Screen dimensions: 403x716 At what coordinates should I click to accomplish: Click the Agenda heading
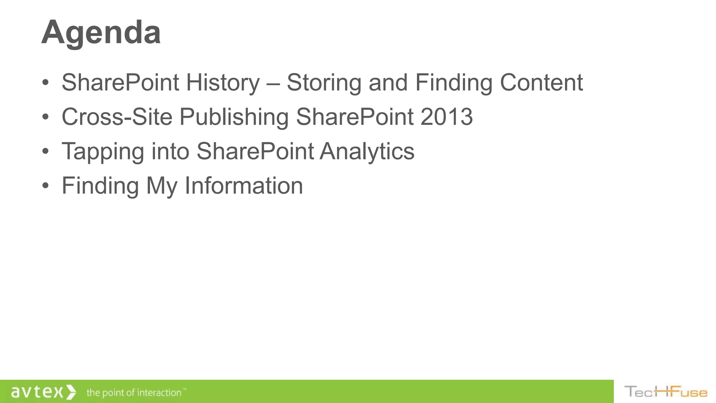point(101,33)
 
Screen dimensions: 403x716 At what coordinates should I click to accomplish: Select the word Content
point(541,83)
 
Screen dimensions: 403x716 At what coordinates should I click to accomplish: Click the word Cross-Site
point(117,117)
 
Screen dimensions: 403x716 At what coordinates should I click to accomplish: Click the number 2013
point(446,117)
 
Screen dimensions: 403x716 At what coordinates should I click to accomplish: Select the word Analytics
point(367,152)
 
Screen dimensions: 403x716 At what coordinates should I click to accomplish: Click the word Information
point(243,186)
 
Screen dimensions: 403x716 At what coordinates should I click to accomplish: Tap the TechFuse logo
point(666,392)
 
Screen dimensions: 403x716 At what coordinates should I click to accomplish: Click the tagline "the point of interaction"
point(134,393)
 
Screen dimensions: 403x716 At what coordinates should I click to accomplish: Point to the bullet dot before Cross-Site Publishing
point(45,117)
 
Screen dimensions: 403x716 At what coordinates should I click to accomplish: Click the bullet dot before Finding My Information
point(45,186)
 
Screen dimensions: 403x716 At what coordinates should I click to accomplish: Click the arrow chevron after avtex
point(71,392)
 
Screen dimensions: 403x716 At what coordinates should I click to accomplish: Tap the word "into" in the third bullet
point(170,152)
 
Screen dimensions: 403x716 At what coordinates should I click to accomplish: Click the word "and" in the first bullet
point(388,83)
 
